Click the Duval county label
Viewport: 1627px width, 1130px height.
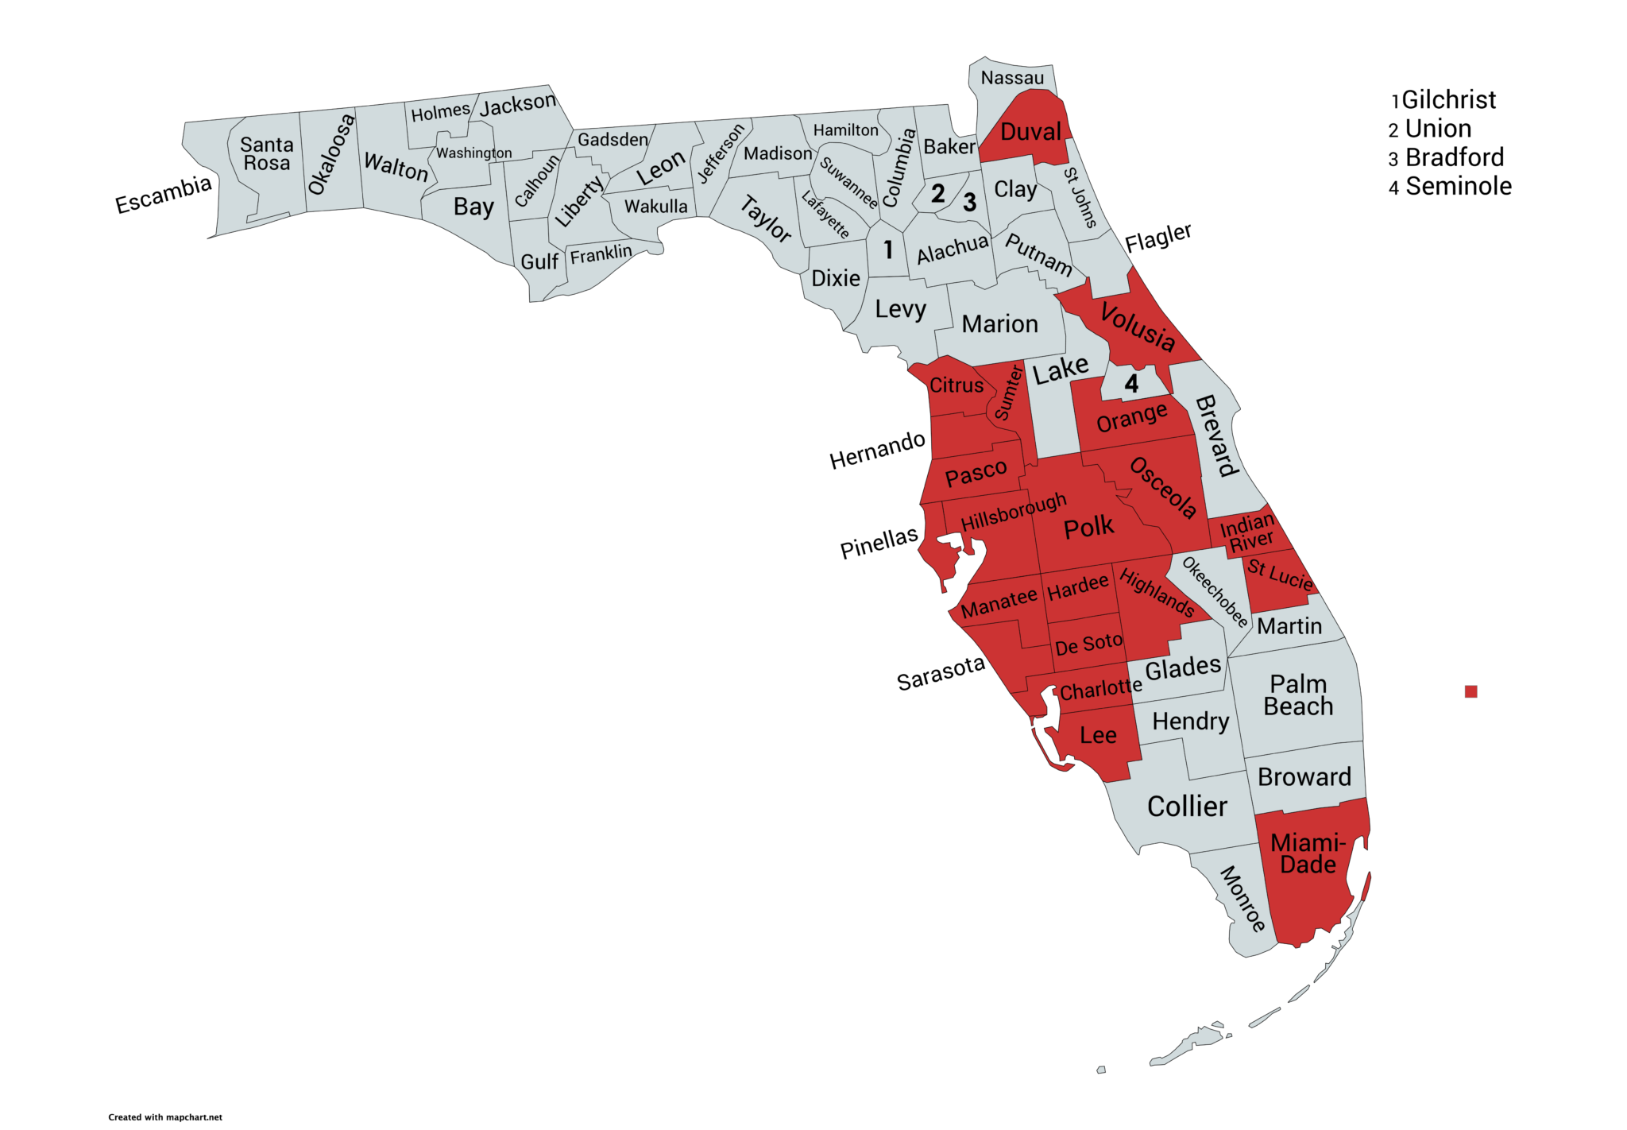[1030, 132]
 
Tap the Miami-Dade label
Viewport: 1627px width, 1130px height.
[1308, 853]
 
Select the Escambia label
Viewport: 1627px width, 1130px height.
[164, 195]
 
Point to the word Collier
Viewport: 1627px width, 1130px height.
[1187, 807]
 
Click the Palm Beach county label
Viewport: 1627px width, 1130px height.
[1298, 695]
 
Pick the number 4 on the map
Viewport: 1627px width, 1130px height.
[1131, 385]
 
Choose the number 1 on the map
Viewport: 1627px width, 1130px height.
[888, 250]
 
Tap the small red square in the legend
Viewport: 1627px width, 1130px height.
[1470, 691]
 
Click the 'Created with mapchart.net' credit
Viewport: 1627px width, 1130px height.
[165, 1117]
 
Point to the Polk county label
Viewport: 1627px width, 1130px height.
[1088, 527]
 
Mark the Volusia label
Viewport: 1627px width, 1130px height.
[1138, 327]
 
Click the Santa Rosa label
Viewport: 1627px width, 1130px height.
[267, 154]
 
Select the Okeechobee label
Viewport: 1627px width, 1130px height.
[1215, 591]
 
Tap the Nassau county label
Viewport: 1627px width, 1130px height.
[1012, 78]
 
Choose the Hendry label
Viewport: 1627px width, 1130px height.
[1190, 722]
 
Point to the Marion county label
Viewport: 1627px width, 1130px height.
[999, 324]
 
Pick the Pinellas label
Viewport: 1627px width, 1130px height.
[879, 544]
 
